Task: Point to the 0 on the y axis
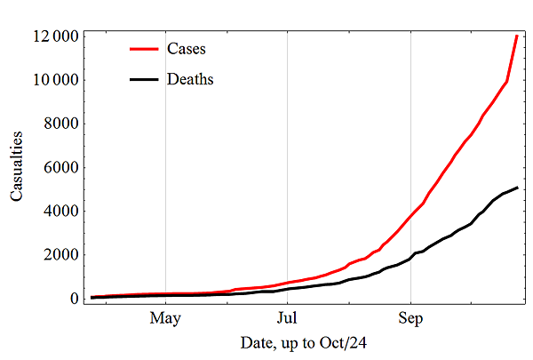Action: click(x=72, y=298)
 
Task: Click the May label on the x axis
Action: click(x=165, y=317)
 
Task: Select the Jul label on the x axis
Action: click(x=287, y=317)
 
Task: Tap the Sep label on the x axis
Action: click(x=410, y=317)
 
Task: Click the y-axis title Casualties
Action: click(x=19, y=168)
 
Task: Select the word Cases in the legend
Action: click(x=185, y=47)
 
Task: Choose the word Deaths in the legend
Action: click(x=189, y=79)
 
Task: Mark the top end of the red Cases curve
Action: click(x=517, y=36)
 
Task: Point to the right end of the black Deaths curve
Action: click(x=517, y=188)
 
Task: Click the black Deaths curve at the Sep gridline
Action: click(x=410, y=257)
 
